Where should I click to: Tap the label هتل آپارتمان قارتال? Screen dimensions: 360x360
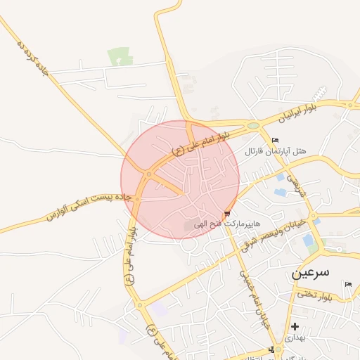click(276, 151)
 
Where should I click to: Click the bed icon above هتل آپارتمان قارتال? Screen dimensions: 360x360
click(275, 140)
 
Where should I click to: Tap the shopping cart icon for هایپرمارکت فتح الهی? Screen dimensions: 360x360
click(226, 214)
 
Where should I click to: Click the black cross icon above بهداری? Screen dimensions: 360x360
click(295, 326)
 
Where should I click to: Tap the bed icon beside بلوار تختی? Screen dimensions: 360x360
click(348, 285)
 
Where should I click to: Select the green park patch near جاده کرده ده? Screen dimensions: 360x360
click(120, 56)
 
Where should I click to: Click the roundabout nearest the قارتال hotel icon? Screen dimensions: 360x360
click(254, 127)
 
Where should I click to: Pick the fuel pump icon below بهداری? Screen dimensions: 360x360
click(271, 350)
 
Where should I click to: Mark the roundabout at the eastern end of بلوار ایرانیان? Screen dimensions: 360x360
click(349, 105)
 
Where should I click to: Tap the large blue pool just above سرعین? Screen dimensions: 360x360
click(308, 240)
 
